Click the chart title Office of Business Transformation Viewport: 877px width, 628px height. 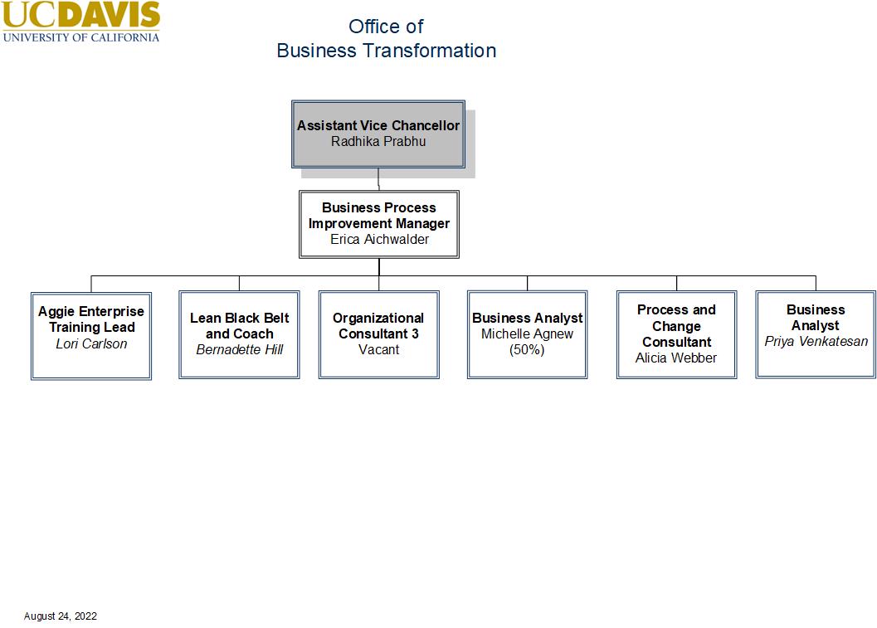(x=386, y=38)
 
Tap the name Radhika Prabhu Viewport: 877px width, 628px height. (x=378, y=141)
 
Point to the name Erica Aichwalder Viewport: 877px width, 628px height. (x=379, y=240)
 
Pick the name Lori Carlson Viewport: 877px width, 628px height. (x=91, y=343)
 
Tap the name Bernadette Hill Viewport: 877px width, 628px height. (x=240, y=350)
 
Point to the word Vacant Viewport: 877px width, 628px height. (x=378, y=350)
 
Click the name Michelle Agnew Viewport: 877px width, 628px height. (x=527, y=334)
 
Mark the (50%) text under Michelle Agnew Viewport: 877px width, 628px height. (x=527, y=350)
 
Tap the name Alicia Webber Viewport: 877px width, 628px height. (x=676, y=358)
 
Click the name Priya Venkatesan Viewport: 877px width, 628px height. (x=816, y=342)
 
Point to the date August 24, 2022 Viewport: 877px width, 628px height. (x=61, y=616)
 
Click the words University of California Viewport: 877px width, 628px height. (x=80, y=37)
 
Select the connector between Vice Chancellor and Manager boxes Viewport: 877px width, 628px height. (x=378, y=179)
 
